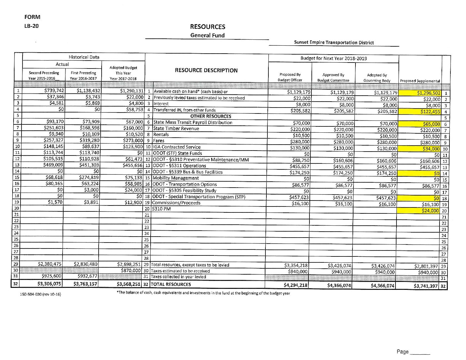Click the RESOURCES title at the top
tap(208, 27)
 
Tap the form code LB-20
tap(31, 26)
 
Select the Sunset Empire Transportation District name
tap(334, 42)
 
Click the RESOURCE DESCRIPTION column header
tap(206, 70)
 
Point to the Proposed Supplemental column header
tap(420, 81)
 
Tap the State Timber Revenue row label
tap(176, 128)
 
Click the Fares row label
tap(159, 141)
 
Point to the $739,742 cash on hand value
tap(54, 91)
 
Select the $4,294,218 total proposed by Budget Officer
tap(296, 285)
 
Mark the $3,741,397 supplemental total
tap(426, 286)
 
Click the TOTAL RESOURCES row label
tap(171, 284)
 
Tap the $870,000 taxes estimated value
tap(132, 271)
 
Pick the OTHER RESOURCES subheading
tap(210, 116)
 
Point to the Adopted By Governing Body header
tap(377, 78)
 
